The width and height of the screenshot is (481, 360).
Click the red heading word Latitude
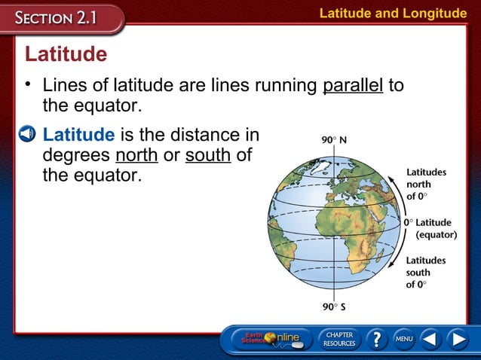tap(66, 55)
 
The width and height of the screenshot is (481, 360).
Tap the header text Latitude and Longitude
tap(393, 13)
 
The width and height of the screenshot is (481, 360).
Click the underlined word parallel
tap(353, 85)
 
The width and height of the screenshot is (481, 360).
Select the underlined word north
tap(136, 156)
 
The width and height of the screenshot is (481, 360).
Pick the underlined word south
tap(208, 156)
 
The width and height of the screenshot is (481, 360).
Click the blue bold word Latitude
tap(79, 136)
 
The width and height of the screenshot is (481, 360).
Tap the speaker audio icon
tap(27, 136)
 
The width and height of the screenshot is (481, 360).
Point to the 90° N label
tap(332, 141)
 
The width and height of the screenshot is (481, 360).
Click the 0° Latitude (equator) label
tap(430, 228)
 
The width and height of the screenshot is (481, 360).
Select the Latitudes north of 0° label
tap(426, 184)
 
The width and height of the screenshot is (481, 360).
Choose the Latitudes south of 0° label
tap(426, 272)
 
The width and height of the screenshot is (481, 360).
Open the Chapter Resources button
tap(339, 339)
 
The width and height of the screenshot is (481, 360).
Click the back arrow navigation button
tap(430, 339)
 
